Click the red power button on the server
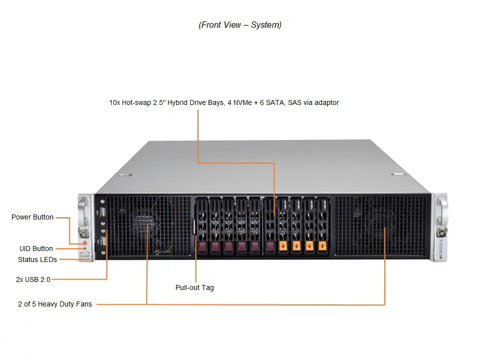click(84, 243)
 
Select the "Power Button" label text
click(32, 217)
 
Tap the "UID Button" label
click(36, 248)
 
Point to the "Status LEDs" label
click(37, 259)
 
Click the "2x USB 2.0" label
click(33, 279)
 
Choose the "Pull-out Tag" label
click(194, 287)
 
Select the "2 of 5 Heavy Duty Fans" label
click(55, 304)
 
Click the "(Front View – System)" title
click(240, 25)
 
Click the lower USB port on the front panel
click(102, 242)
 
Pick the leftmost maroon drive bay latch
click(202, 246)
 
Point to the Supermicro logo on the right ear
click(440, 247)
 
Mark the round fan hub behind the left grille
click(145, 224)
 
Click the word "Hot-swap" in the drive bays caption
click(135, 102)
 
